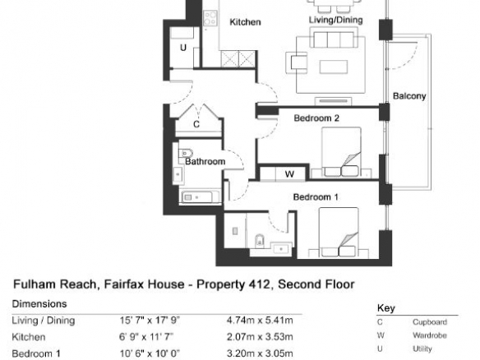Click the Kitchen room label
245,22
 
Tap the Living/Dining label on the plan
336,20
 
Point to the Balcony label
409,96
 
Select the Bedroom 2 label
316,118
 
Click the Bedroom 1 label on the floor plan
316,196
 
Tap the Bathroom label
205,161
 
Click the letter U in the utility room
183,48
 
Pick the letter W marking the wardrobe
289,174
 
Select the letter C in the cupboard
196,124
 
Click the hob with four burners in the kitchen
210,18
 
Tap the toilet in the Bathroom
185,152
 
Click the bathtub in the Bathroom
201,197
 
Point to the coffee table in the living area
334,67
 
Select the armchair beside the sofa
297,62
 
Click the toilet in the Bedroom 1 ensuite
259,241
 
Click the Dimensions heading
39,303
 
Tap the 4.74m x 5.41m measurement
260,321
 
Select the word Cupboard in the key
430,322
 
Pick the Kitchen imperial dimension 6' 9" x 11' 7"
146,337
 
